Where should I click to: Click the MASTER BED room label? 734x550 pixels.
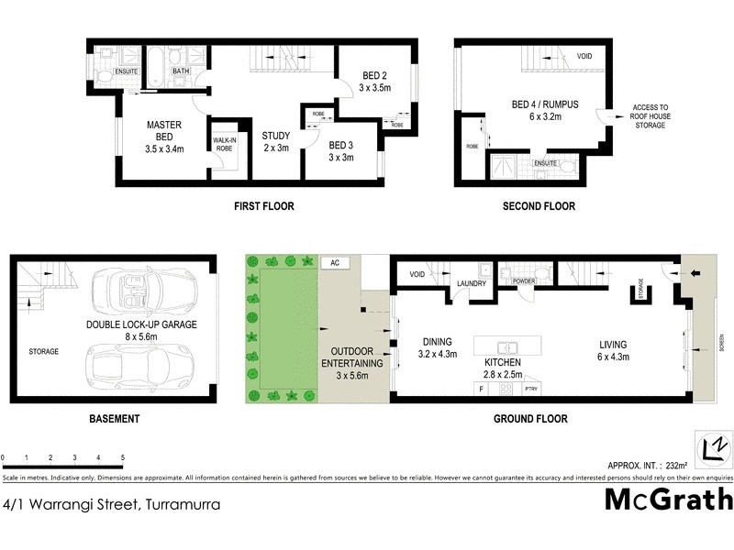coord(164,136)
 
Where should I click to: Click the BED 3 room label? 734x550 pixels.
coord(340,150)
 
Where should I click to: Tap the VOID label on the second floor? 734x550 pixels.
coord(584,57)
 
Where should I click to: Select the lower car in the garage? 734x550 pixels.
coord(145,368)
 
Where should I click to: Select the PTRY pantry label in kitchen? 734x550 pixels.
coord(530,390)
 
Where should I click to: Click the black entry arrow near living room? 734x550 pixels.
coord(693,271)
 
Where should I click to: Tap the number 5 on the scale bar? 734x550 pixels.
coord(122,456)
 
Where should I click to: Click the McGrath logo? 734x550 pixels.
coord(669,500)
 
